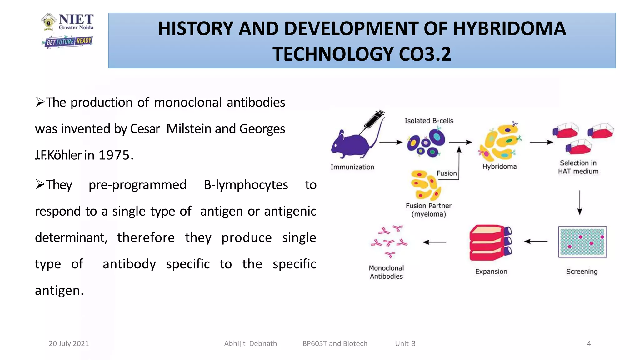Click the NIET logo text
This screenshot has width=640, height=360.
pyautogui.click(x=76, y=20)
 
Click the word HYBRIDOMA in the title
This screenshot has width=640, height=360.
pyautogui.click(x=509, y=28)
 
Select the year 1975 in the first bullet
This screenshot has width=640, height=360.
pyautogui.click(x=114, y=155)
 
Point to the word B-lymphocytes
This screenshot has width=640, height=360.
pyautogui.click(x=246, y=185)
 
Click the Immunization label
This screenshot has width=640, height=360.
pyautogui.click(x=352, y=167)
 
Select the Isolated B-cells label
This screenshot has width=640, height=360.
pyautogui.click(x=429, y=121)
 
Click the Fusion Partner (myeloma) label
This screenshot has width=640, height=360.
pyautogui.click(x=429, y=210)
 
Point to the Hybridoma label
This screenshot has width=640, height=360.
pyautogui.click(x=499, y=167)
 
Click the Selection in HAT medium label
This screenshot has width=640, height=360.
pyautogui.click(x=578, y=167)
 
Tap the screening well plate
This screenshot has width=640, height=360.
pyautogui.click(x=582, y=242)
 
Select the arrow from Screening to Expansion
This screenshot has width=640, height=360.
pyautogui.click(x=536, y=242)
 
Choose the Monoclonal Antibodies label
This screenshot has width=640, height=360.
pyautogui.click(x=386, y=272)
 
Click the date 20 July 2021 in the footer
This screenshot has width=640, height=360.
pyautogui.click(x=69, y=344)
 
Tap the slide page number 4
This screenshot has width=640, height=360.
pyautogui.click(x=589, y=344)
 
